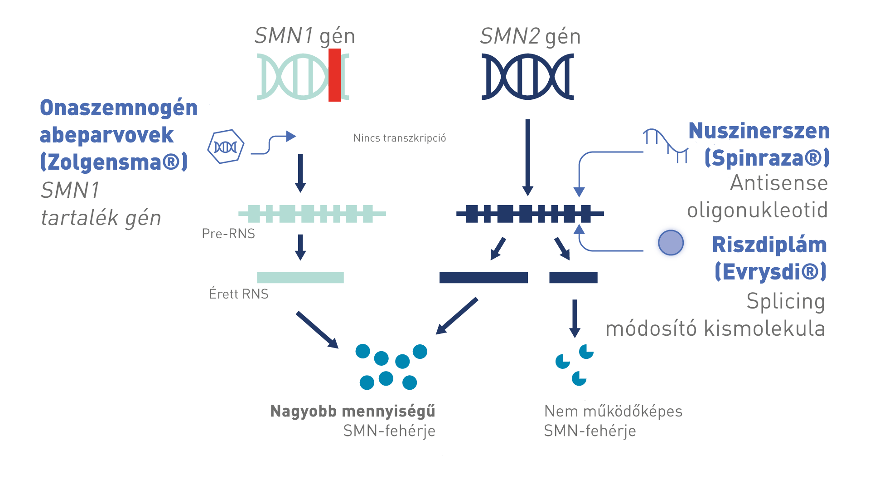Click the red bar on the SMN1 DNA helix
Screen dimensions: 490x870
click(x=335, y=75)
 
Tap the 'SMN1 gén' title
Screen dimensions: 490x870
click(x=304, y=36)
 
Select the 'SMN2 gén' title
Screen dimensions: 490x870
click(x=530, y=36)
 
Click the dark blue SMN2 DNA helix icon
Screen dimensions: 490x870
click(x=527, y=76)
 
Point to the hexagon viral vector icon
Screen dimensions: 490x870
click(x=226, y=147)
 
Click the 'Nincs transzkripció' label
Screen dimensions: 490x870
click(x=399, y=138)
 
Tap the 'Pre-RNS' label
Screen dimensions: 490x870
click(x=228, y=234)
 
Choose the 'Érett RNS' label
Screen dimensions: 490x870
click(x=239, y=294)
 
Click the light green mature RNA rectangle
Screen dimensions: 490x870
click(x=300, y=277)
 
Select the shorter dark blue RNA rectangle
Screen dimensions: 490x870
click(x=573, y=277)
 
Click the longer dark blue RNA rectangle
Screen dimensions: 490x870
click(x=483, y=277)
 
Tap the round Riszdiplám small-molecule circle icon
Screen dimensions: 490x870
click(x=671, y=242)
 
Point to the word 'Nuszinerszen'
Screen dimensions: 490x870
click(x=759, y=131)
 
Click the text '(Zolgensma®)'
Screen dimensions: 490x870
click(x=114, y=162)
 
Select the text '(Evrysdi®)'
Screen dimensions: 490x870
click(x=770, y=272)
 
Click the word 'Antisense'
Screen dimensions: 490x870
click(x=779, y=183)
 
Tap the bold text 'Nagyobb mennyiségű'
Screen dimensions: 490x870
click(x=353, y=411)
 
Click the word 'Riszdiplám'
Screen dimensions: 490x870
click(x=769, y=245)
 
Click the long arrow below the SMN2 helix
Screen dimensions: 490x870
click(x=527, y=157)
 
